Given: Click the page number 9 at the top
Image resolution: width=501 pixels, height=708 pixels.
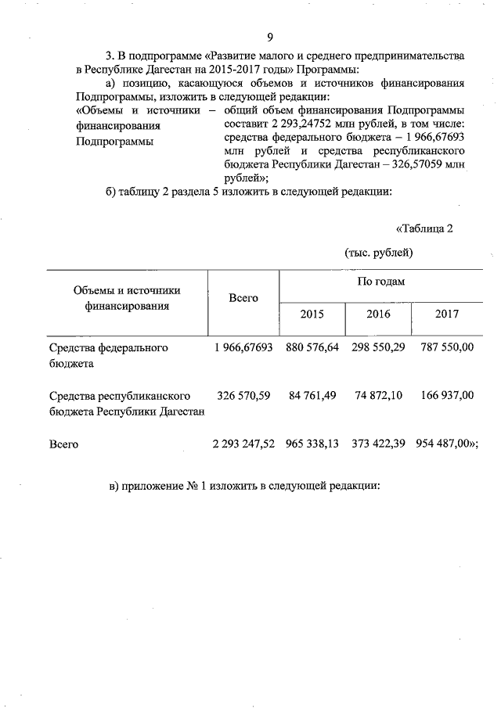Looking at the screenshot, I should (x=270, y=38).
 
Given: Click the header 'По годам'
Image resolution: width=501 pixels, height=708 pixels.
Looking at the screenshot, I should (x=380, y=281).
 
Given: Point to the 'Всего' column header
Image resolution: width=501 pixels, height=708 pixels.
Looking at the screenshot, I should (x=243, y=298).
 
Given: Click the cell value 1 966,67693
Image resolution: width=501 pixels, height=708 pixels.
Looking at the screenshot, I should (x=242, y=347).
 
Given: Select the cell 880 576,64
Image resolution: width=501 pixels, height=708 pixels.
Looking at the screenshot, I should (x=312, y=347).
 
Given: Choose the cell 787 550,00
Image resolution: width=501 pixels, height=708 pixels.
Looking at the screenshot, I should (x=446, y=347).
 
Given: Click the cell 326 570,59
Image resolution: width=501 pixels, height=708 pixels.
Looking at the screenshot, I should (x=242, y=396).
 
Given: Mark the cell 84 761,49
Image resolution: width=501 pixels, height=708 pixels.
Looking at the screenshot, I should (x=312, y=396).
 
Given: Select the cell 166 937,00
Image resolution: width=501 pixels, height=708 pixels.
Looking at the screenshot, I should (x=446, y=396).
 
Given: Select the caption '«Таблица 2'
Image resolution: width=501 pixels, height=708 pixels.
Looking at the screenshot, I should (x=425, y=228).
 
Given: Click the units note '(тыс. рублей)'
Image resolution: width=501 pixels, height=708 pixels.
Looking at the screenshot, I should (x=378, y=252).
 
